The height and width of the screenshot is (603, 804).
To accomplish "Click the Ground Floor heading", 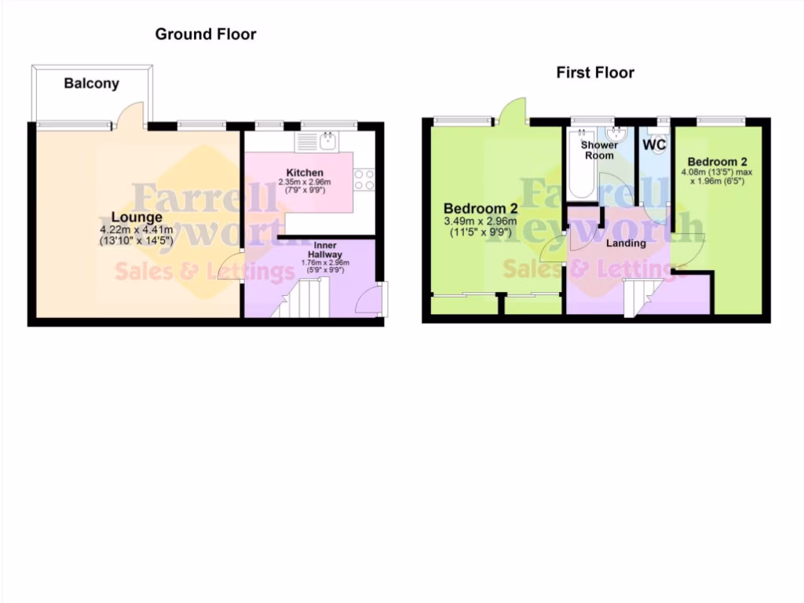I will coord(205,34).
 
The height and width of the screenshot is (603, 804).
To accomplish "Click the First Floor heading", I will coord(595,73).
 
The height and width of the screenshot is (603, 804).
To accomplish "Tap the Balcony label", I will coord(92,83).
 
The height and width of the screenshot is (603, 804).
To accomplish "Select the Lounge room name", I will coord(137,217).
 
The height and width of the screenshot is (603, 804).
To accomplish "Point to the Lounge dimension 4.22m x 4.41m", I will coord(137,230).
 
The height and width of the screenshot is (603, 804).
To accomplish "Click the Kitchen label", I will coord(305,173).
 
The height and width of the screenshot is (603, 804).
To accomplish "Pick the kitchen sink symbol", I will coord(327,142).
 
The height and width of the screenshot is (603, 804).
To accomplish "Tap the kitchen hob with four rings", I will coord(364,180).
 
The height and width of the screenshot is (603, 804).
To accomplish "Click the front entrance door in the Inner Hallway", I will coord(369,299).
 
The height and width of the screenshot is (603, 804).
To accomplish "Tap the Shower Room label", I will coord(599,150).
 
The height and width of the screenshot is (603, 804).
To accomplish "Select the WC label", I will coord(654,145).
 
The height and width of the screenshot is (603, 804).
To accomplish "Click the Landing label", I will coord(626,243).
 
